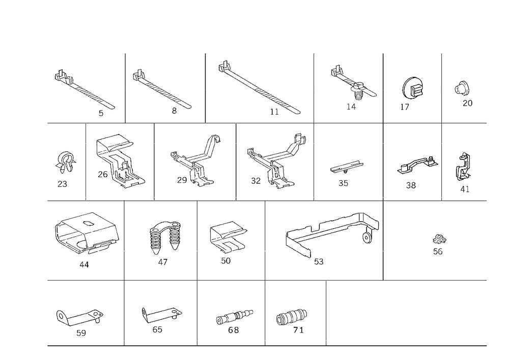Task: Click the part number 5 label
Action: tap(101, 113)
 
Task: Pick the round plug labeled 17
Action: tap(413, 87)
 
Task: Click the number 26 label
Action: tap(103, 174)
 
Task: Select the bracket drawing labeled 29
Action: tap(195, 161)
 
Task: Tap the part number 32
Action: tap(256, 181)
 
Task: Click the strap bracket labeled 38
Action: tap(418, 165)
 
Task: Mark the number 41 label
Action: tap(465, 189)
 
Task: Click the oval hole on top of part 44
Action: tap(88, 223)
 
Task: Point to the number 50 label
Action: tap(225, 261)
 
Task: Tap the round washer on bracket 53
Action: tap(367, 238)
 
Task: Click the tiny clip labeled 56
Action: tap(439, 239)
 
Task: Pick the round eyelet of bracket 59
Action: tap(61, 316)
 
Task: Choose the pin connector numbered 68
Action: tap(234, 317)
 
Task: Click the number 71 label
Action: tap(298, 330)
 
